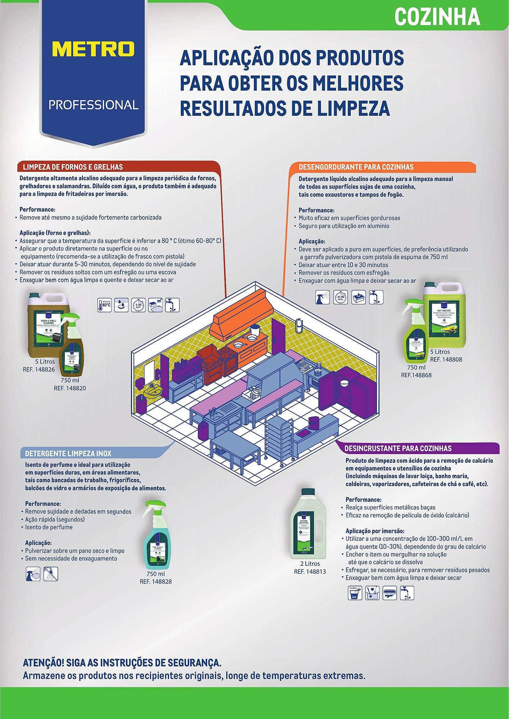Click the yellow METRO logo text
point(93,49)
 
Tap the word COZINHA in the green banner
point(437,17)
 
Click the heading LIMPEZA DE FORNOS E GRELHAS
point(73,167)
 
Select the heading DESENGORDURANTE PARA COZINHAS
point(356,167)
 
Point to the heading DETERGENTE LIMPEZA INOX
point(68,454)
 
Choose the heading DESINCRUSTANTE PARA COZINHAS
point(398,448)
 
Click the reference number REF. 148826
point(39,369)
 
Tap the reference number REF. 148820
point(70,388)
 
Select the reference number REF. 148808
point(446,359)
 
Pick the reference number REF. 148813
point(310,572)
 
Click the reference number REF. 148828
point(156,581)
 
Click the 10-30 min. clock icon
point(340,297)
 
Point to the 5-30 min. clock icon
point(138,305)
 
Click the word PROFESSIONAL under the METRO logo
point(94,105)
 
